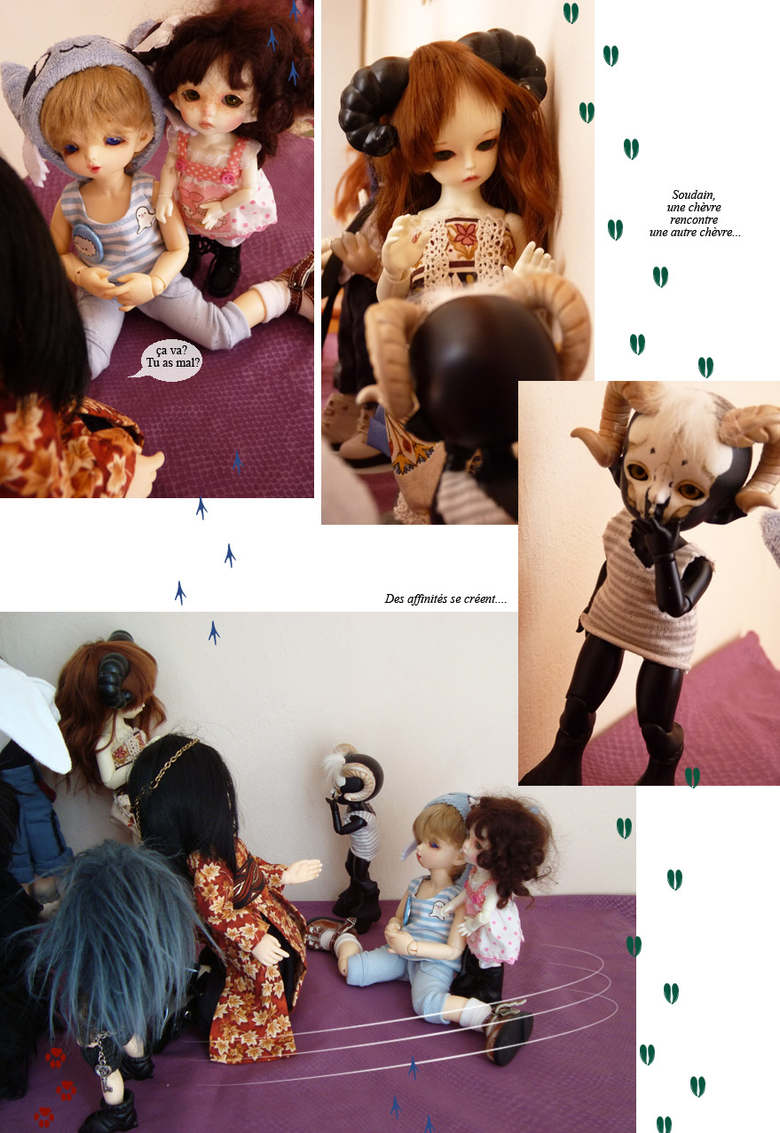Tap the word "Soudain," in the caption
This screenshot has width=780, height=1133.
(x=694, y=194)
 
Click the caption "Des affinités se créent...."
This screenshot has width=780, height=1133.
(x=445, y=598)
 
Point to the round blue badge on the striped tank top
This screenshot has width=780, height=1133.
(x=88, y=241)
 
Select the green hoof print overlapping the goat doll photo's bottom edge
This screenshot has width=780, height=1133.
(x=692, y=777)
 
